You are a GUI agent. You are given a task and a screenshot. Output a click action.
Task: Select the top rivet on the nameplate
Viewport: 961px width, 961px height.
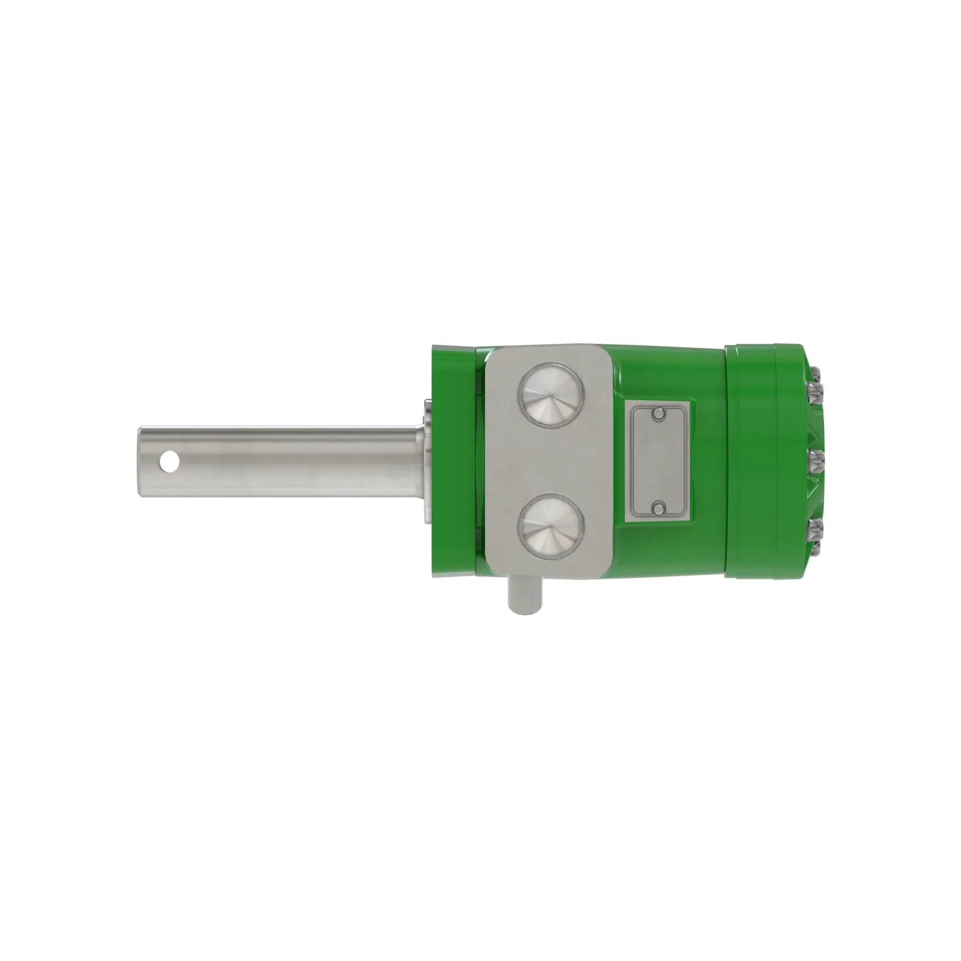point(659,413)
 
